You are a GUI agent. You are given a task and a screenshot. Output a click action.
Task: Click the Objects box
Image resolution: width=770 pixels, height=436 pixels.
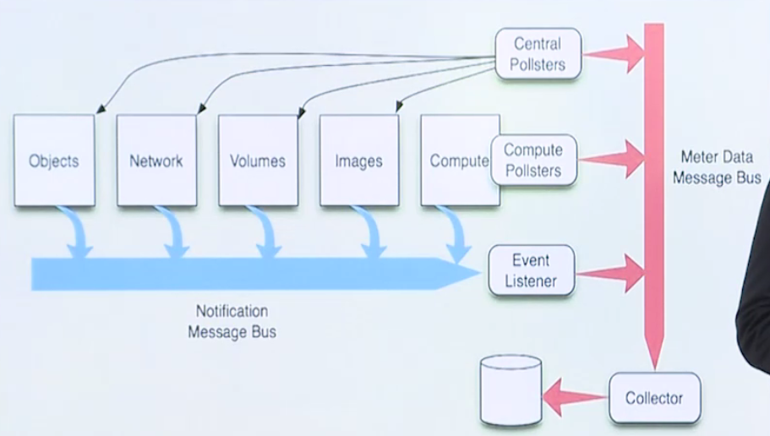[x=54, y=161]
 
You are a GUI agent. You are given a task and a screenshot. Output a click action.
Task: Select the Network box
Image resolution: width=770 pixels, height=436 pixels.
[x=156, y=161]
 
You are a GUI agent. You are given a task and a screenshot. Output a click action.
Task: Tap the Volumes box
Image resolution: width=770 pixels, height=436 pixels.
[x=258, y=161]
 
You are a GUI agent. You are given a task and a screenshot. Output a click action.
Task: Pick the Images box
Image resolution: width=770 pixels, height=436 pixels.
[x=359, y=161]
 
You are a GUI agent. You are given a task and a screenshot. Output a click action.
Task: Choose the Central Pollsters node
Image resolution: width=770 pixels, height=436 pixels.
[x=538, y=54]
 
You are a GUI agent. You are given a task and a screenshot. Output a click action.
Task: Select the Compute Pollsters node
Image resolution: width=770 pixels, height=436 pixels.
[x=533, y=160]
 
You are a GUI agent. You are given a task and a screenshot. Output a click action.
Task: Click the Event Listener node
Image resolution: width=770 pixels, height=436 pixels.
[x=532, y=271]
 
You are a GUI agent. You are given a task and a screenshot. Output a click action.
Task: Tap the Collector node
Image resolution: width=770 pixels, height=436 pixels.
[x=653, y=398]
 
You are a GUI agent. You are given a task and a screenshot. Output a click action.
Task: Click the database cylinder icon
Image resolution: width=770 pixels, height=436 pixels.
[x=510, y=390]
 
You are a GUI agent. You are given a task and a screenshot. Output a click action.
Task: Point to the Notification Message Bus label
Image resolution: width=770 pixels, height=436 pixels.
[x=232, y=322]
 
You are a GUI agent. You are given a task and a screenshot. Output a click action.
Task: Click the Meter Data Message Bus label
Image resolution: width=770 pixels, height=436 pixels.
[x=720, y=167]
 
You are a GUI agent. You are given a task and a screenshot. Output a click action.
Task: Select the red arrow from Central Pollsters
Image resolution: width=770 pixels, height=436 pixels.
[x=614, y=54]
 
